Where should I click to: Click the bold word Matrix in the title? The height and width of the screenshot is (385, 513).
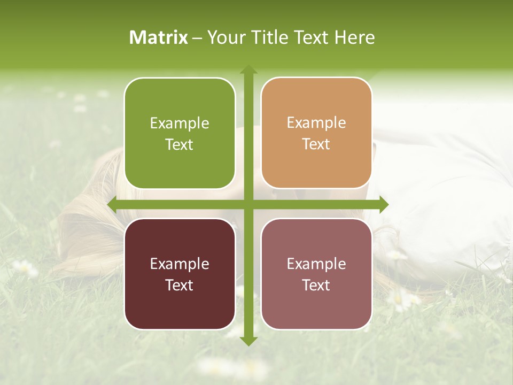coord(159,37)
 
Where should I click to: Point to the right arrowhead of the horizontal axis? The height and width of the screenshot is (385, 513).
coord(383,204)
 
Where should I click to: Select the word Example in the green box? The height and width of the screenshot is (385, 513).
coord(180,124)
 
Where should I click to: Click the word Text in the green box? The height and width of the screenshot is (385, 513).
coord(180,144)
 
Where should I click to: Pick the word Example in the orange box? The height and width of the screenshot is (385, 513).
coord(316,123)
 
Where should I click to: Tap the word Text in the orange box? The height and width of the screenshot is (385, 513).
coord(316,144)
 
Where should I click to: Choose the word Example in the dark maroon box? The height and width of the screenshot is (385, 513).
coord(180,264)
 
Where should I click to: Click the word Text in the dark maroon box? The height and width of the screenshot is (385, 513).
coord(180,285)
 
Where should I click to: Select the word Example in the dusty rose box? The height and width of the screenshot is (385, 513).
coord(316,264)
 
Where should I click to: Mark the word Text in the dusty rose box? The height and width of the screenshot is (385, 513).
coord(316,285)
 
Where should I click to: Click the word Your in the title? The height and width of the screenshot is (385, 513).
coord(224,37)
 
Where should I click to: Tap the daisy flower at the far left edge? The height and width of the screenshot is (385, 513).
coord(24,267)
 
